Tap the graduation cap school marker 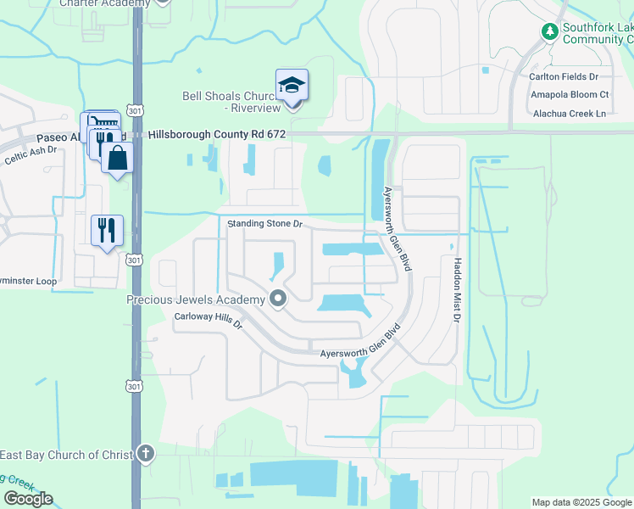point(292,85)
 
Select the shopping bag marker point(117,158)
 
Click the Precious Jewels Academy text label point(196,299)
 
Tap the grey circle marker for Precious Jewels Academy point(277,298)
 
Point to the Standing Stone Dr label point(264,224)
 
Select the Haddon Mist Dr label point(457,290)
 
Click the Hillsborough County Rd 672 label point(218,135)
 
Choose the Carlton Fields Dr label point(569,77)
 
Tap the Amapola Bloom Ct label point(569,94)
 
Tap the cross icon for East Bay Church point(146,454)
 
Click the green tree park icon point(550,31)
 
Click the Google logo point(28,499)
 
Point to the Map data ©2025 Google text point(581,502)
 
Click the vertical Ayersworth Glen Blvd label point(397,228)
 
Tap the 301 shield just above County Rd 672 point(134,110)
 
